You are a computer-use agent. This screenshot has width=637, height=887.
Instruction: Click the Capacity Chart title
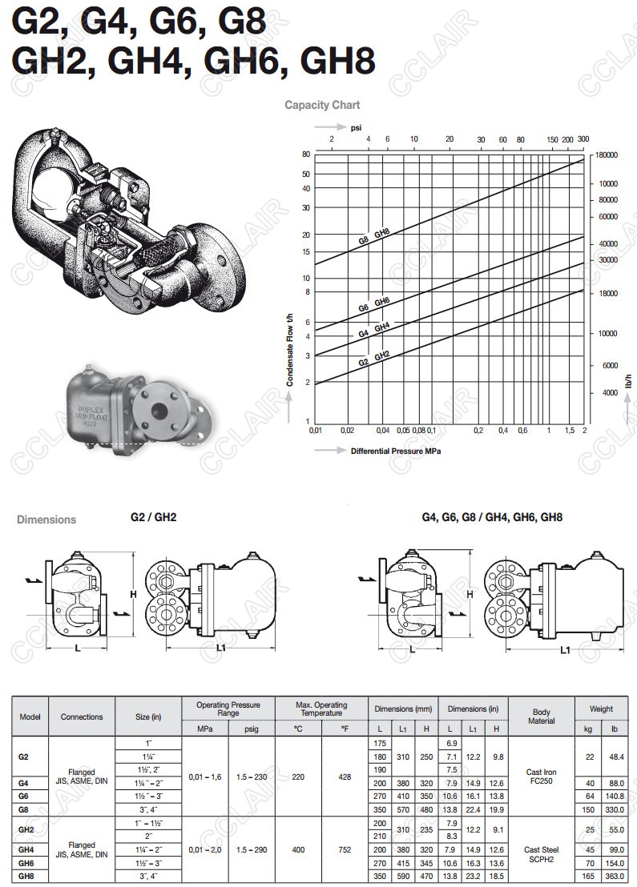[322, 105]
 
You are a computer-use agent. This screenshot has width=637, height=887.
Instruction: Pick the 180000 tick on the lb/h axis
[610, 155]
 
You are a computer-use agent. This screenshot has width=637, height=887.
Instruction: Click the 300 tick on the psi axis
[583, 139]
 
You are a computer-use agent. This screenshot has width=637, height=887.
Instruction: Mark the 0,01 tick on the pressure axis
[315, 431]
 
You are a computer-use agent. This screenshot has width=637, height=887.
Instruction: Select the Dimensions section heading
[46, 520]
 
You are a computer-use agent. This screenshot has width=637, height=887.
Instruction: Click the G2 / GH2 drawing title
[153, 517]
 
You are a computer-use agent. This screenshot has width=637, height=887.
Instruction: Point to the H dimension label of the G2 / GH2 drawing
[133, 593]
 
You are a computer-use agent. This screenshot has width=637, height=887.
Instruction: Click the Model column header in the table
[30, 716]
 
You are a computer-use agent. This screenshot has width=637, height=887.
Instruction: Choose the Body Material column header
[541, 716]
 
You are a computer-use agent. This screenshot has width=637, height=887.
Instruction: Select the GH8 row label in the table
[26, 877]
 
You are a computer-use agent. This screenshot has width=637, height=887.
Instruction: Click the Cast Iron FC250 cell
[541, 777]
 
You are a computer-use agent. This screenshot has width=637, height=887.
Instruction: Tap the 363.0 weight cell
[614, 877]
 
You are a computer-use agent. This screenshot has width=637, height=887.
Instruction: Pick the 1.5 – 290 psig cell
[251, 849]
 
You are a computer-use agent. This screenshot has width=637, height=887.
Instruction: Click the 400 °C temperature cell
[298, 849]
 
